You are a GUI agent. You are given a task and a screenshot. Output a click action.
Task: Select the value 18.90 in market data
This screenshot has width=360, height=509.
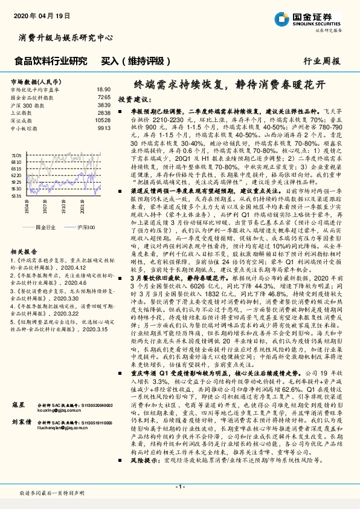click(104, 89)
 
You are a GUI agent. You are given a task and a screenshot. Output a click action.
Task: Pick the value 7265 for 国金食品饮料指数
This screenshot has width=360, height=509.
click(104, 97)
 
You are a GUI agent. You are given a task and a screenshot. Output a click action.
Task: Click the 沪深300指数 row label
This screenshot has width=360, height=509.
click(28, 105)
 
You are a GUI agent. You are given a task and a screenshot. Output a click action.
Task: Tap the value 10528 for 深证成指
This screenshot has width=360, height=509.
click(103, 120)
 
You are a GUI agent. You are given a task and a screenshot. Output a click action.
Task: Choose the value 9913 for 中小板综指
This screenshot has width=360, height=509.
click(104, 128)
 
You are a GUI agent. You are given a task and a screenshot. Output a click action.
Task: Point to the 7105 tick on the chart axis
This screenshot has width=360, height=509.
click(17, 155)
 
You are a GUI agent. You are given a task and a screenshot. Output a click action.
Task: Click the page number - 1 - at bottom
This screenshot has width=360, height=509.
click(179, 487)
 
